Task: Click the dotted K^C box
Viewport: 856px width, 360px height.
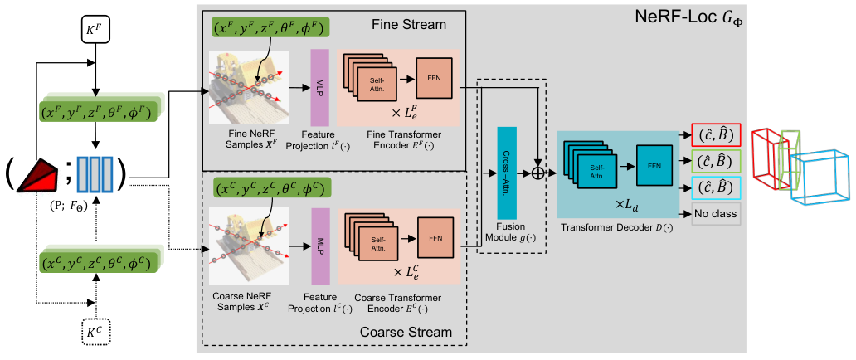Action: coord(95,330)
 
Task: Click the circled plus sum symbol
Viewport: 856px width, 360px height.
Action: coord(540,174)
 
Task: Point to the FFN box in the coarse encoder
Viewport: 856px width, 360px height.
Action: coord(435,237)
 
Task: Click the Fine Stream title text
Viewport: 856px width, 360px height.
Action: coord(409,25)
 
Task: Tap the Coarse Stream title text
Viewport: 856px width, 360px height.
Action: coord(406,332)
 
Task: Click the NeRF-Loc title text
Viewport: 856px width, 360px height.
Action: coord(691,17)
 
